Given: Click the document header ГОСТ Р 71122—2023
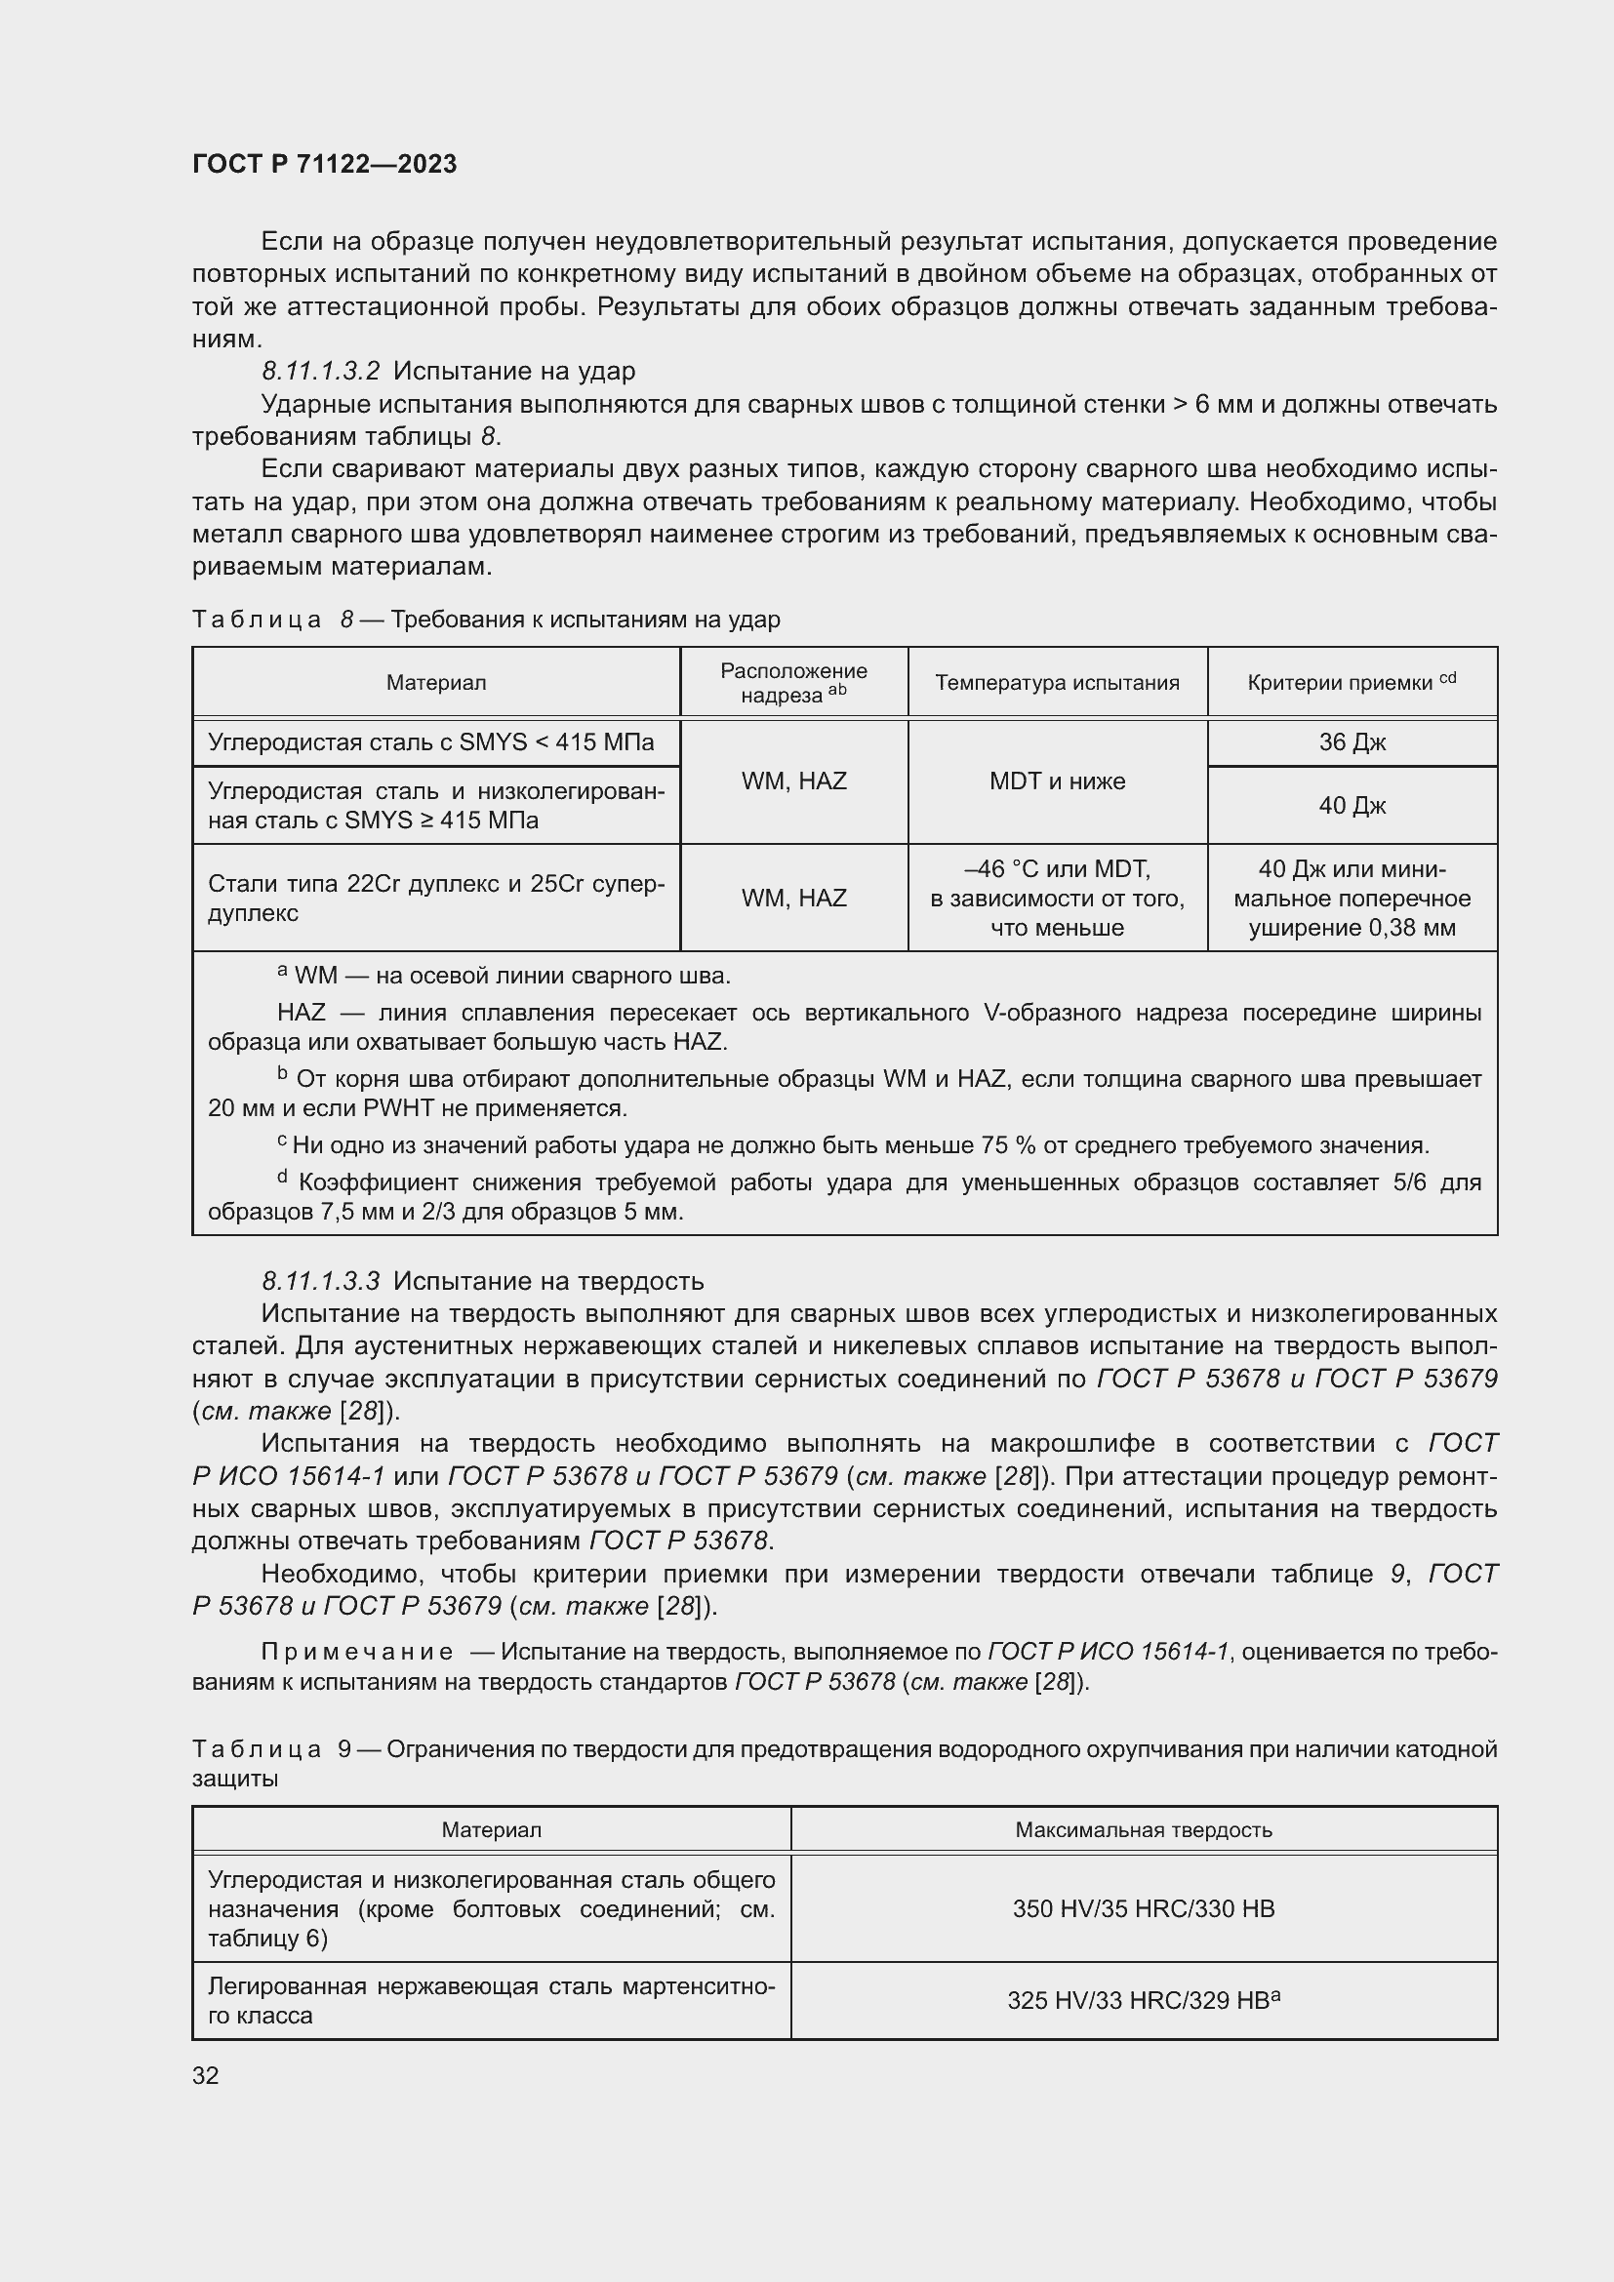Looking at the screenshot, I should pyautogui.click(x=324, y=164).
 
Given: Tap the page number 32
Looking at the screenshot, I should pyautogui.click(x=205, y=2075).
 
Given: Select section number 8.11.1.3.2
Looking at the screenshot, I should pyautogui.click(x=321, y=371).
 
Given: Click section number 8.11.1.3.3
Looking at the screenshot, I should pyautogui.click(x=321, y=1281).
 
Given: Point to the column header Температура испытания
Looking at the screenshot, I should pyautogui.click(x=1057, y=683).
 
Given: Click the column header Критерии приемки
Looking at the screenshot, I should pyautogui.click(x=1351, y=683).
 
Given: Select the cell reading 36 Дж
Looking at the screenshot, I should pyautogui.click(x=1352, y=742).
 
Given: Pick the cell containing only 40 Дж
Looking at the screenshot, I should pyautogui.click(x=1352, y=805).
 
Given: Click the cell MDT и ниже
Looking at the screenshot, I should pyautogui.click(x=1057, y=781).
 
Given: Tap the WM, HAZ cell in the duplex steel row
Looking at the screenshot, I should pyautogui.click(x=793, y=899).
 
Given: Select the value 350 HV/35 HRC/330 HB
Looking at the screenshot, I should pyautogui.click(x=1143, y=1908).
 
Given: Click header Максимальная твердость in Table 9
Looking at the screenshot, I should pyautogui.click(x=1143, y=1829).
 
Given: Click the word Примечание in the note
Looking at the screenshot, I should pyautogui.click(x=357, y=1652).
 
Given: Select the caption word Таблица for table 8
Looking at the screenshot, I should pyautogui.click(x=257, y=621).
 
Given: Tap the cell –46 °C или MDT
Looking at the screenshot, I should pyautogui.click(x=1057, y=869).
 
